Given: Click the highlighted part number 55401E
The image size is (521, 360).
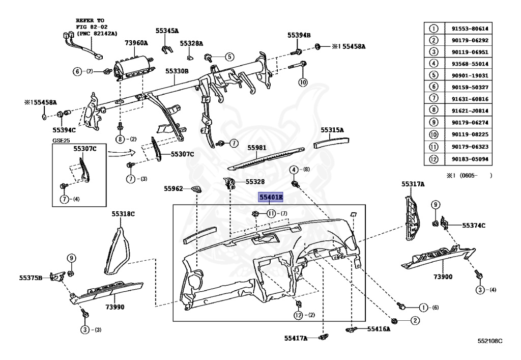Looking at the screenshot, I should click(271, 197).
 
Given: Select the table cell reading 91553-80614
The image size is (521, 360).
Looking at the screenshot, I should click(466, 29).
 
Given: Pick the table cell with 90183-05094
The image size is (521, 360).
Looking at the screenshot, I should click(466, 159).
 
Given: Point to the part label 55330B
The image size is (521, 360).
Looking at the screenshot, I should click(177, 71).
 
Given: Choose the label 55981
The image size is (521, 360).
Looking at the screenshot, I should click(257, 148).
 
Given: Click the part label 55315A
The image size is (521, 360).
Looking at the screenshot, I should click(332, 130).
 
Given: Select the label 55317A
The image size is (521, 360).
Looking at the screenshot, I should click(413, 184).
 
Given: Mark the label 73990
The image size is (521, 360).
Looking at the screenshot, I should click(115, 307).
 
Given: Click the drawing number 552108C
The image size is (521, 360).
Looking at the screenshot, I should click(489, 341).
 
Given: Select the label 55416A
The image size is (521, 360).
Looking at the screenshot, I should click(379, 329).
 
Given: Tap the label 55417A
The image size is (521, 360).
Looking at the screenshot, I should click(296, 338).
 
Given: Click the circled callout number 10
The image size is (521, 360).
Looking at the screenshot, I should click(303, 82).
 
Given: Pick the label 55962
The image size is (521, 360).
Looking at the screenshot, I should click(173, 188).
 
